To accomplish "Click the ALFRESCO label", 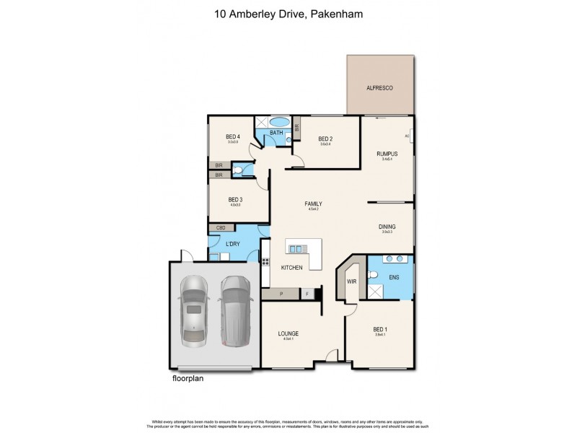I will [x=380, y=86].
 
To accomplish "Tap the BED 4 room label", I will [x=232, y=137].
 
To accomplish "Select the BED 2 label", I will [x=325, y=139].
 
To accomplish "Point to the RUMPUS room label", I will [x=387, y=154].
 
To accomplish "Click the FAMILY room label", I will [x=313, y=204].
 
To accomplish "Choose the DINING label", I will [x=387, y=227].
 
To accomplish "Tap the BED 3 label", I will [x=234, y=200].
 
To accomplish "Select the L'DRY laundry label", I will [x=232, y=245].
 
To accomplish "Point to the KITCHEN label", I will [x=291, y=268].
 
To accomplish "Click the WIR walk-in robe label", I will [x=352, y=281].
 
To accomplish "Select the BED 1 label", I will [x=380, y=329].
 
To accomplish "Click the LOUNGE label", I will [x=288, y=333].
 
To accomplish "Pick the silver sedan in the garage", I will [x=193, y=310].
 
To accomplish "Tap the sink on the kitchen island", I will [x=296, y=249].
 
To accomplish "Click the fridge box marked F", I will [x=307, y=294].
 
